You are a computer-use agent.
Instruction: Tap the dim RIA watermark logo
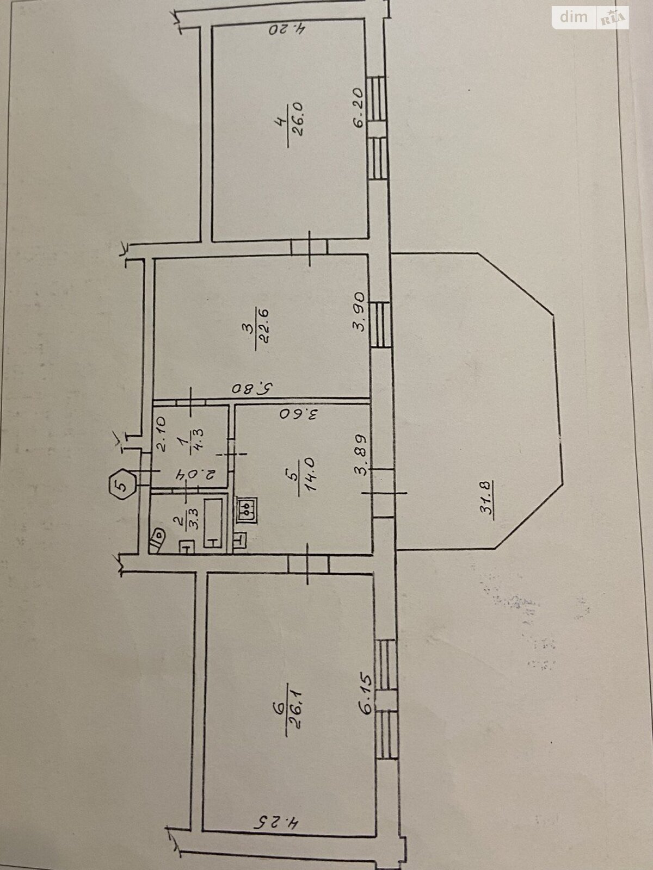coord(590,17)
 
